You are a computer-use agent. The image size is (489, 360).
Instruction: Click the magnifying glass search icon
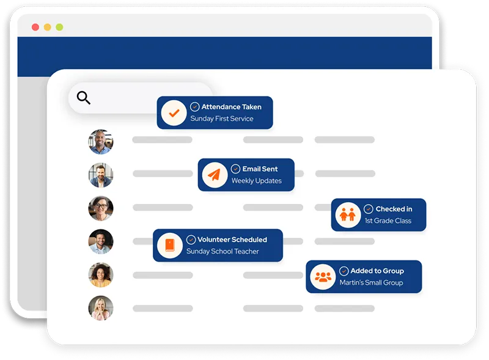[x=84, y=98]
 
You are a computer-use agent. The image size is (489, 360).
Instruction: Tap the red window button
[x=35, y=27]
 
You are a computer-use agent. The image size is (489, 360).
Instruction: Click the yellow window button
[x=47, y=27]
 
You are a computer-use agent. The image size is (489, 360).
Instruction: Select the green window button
[x=59, y=27]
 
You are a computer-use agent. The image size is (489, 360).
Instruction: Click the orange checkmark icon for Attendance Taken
[x=174, y=113]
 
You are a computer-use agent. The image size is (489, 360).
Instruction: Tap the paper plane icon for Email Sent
[x=213, y=175]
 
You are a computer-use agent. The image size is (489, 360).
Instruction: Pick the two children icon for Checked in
[x=347, y=215]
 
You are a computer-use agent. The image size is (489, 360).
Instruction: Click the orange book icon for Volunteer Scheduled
[x=169, y=246]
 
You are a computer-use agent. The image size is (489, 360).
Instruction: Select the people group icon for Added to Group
[x=322, y=277]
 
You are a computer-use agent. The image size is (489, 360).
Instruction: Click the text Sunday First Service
[x=221, y=119]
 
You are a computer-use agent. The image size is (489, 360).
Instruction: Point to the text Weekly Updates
[x=256, y=181]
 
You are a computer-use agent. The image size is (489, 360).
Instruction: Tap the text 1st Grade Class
[x=388, y=221]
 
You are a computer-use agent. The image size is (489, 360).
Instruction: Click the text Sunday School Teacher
[x=222, y=251]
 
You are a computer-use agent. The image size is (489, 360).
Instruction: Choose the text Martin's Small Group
[x=371, y=282]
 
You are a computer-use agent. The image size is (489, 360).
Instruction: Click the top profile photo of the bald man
[x=100, y=142]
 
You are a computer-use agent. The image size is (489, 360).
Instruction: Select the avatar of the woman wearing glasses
[x=100, y=208]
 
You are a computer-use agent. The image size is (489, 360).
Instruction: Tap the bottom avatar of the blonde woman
[x=100, y=308]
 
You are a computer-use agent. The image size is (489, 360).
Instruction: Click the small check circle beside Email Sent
[x=235, y=169]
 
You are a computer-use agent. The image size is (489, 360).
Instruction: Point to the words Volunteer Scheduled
[x=232, y=240]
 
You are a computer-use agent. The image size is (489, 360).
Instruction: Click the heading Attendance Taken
[x=232, y=106]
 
